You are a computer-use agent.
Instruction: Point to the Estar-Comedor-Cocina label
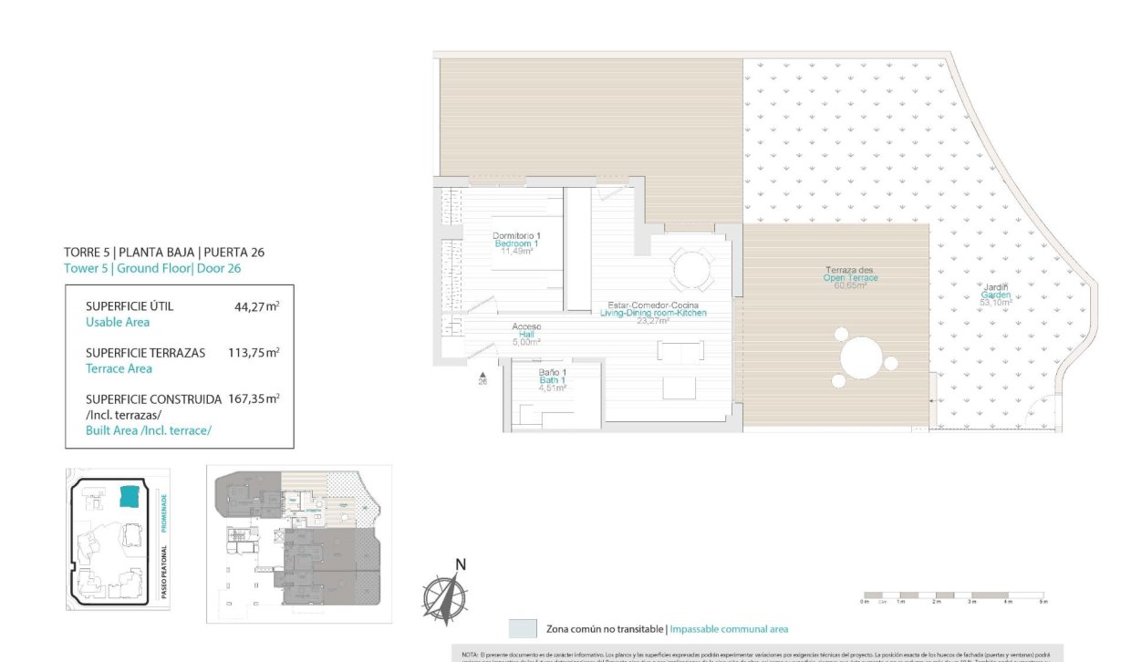click(652, 311)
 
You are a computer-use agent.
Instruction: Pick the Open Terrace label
click(850, 277)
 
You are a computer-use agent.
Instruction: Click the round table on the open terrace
click(862, 357)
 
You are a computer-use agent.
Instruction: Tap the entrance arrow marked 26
click(482, 376)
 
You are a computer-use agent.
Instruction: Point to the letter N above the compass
click(461, 564)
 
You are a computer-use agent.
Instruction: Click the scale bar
click(954, 595)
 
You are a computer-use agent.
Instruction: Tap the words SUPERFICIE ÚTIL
click(129, 306)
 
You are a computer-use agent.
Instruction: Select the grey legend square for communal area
click(523, 628)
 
